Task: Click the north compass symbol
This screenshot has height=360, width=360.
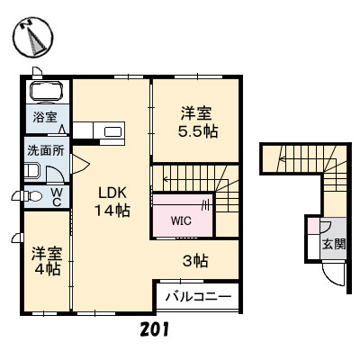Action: tap(33, 37)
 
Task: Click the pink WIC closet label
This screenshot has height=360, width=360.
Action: tap(181, 219)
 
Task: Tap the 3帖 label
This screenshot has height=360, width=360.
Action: tap(197, 262)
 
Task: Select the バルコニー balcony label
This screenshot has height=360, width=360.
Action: tap(198, 296)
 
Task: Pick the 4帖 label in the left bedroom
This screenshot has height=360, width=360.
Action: tap(47, 268)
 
